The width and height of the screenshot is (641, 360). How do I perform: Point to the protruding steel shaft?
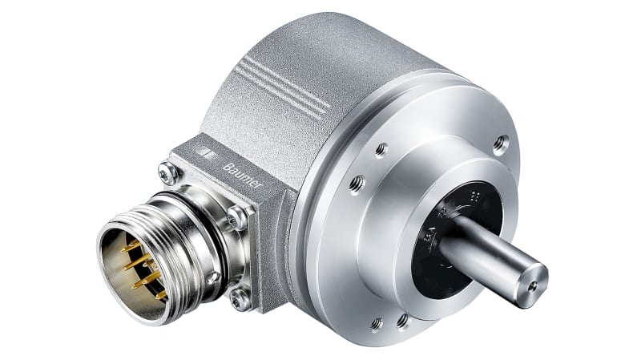489,260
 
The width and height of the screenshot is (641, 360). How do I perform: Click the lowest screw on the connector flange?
239,300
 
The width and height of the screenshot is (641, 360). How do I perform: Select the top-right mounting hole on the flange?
501,145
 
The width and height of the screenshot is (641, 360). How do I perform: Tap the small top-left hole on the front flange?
381,148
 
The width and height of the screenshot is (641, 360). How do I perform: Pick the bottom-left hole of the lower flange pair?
376,324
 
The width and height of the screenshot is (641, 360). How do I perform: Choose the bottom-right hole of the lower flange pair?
401,321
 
